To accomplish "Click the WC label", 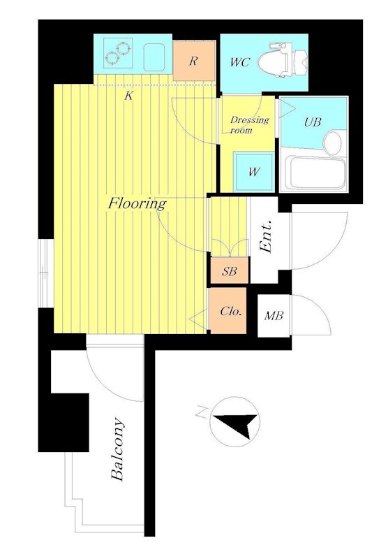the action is click(239, 62).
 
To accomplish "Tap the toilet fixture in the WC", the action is click(283, 60).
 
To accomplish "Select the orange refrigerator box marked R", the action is click(195, 61).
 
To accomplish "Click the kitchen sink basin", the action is click(154, 57).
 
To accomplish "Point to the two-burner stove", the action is click(118, 53).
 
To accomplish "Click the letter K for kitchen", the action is click(128, 96).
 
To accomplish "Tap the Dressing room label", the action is click(249, 124).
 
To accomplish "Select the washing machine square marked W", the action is click(254, 172).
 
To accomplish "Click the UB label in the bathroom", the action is click(313, 122).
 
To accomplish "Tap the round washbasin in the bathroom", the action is click(332, 143).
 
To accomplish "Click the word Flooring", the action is click(137, 204).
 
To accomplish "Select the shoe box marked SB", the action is click(230, 271).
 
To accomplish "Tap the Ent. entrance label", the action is click(267, 237).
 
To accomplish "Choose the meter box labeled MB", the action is click(274, 316).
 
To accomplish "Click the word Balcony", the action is click(118, 449).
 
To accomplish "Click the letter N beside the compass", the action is click(202, 412).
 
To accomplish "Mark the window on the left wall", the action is click(46, 273).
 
